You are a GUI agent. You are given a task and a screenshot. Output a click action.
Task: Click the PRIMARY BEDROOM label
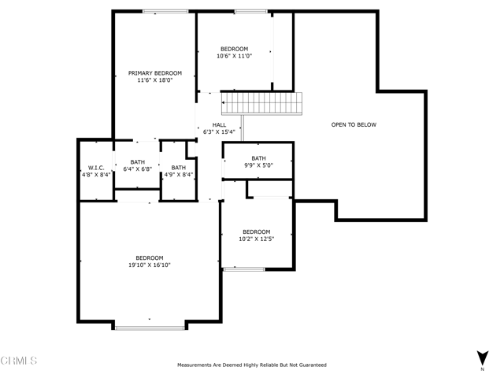tap(155, 73)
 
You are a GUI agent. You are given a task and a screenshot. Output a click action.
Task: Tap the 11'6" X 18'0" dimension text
tap(155, 80)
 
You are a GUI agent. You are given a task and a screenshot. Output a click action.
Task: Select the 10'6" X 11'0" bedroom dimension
tap(235, 56)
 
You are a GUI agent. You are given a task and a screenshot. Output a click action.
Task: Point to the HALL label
tap(219, 124)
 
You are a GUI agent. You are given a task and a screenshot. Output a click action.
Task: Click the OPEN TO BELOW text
tap(354, 124)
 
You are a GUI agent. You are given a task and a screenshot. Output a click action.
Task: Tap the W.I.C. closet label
tap(96, 168)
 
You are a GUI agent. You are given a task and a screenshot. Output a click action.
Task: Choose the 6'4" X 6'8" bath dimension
tap(138, 169)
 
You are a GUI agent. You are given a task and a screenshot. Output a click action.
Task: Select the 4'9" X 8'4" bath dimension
tap(179, 175)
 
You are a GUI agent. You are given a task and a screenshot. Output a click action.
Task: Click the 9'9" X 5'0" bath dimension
tap(259, 165)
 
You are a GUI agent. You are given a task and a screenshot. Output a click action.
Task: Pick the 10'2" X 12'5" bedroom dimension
tap(257, 239)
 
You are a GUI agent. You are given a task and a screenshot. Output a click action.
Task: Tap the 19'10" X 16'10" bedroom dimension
tap(150, 265)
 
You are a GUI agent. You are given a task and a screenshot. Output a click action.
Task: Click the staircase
tap(261, 103)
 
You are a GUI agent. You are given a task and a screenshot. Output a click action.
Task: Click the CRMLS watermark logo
tap(19, 361)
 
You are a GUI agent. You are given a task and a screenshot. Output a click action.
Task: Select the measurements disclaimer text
tap(252, 365)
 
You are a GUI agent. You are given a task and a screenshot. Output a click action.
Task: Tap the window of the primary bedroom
tap(165, 12)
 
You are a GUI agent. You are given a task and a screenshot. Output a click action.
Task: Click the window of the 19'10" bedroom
tap(150, 328)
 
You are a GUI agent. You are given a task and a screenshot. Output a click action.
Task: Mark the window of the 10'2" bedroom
tap(244, 269)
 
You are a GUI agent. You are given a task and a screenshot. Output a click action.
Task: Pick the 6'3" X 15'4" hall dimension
tap(219, 132)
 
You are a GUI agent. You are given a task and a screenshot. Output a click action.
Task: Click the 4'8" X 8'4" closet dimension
tap(96, 175)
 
